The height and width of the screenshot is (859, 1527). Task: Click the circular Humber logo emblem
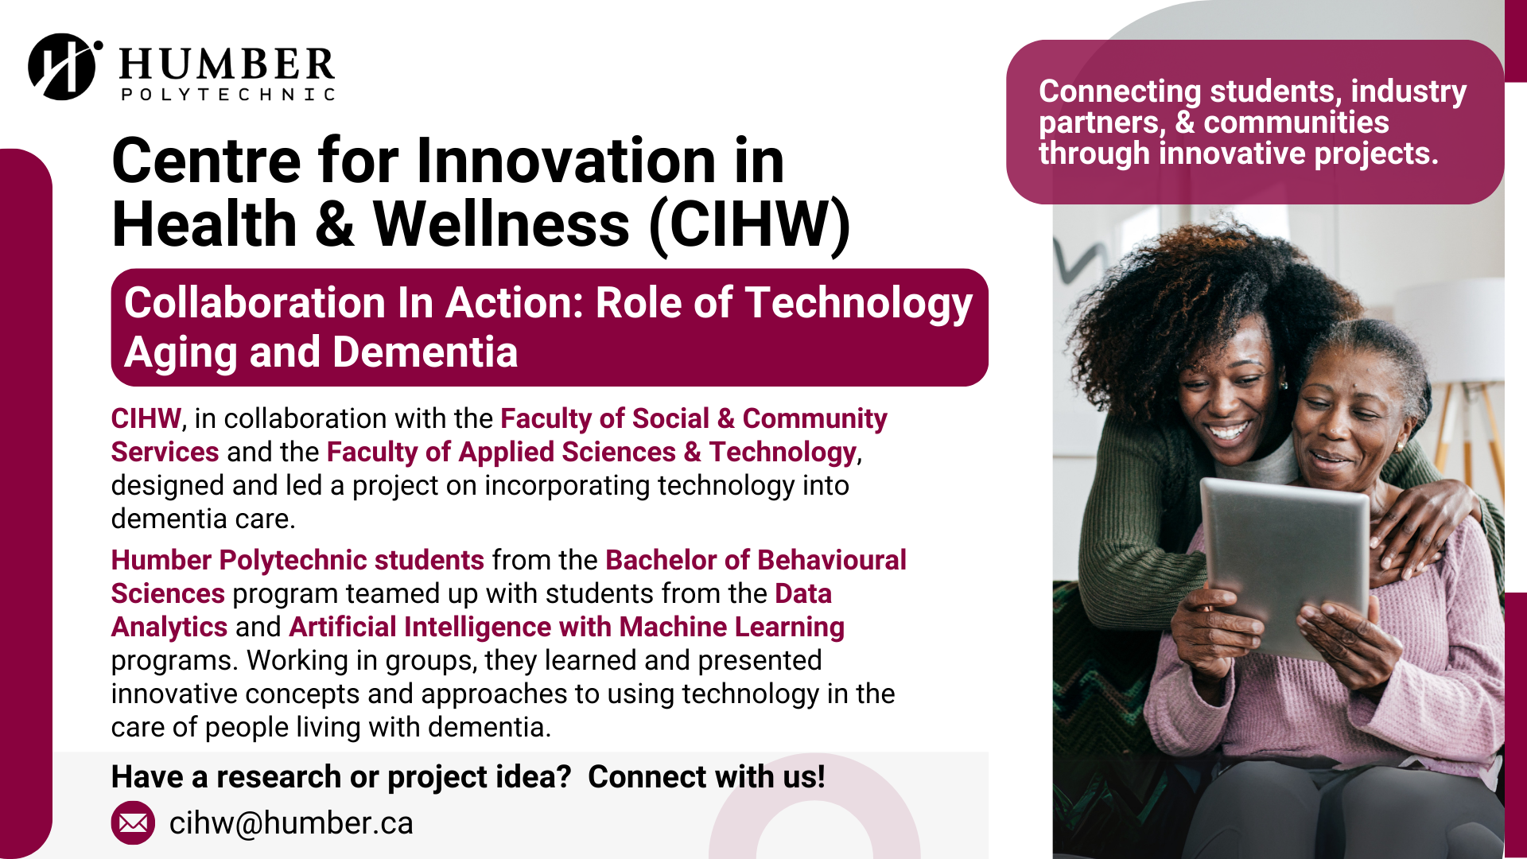click(64, 67)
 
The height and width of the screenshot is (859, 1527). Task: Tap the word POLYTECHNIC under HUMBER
click(228, 95)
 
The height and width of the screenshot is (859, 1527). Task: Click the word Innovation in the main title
click(566, 161)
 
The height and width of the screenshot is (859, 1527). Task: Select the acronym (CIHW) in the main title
click(750, 225)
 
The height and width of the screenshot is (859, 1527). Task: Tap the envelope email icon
click(133, 822)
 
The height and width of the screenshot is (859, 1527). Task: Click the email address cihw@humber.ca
click(291, 823)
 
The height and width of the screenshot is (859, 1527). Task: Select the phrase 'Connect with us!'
click(706, 776)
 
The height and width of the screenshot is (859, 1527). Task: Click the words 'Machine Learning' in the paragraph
click(732, 627)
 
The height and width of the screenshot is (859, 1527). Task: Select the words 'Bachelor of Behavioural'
click(756, 560)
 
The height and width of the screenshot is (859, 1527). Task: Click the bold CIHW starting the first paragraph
click(146, 418)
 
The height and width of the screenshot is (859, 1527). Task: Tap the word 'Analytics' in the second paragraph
click(169, 628)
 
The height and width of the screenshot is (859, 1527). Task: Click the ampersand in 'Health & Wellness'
click(335, 225)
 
